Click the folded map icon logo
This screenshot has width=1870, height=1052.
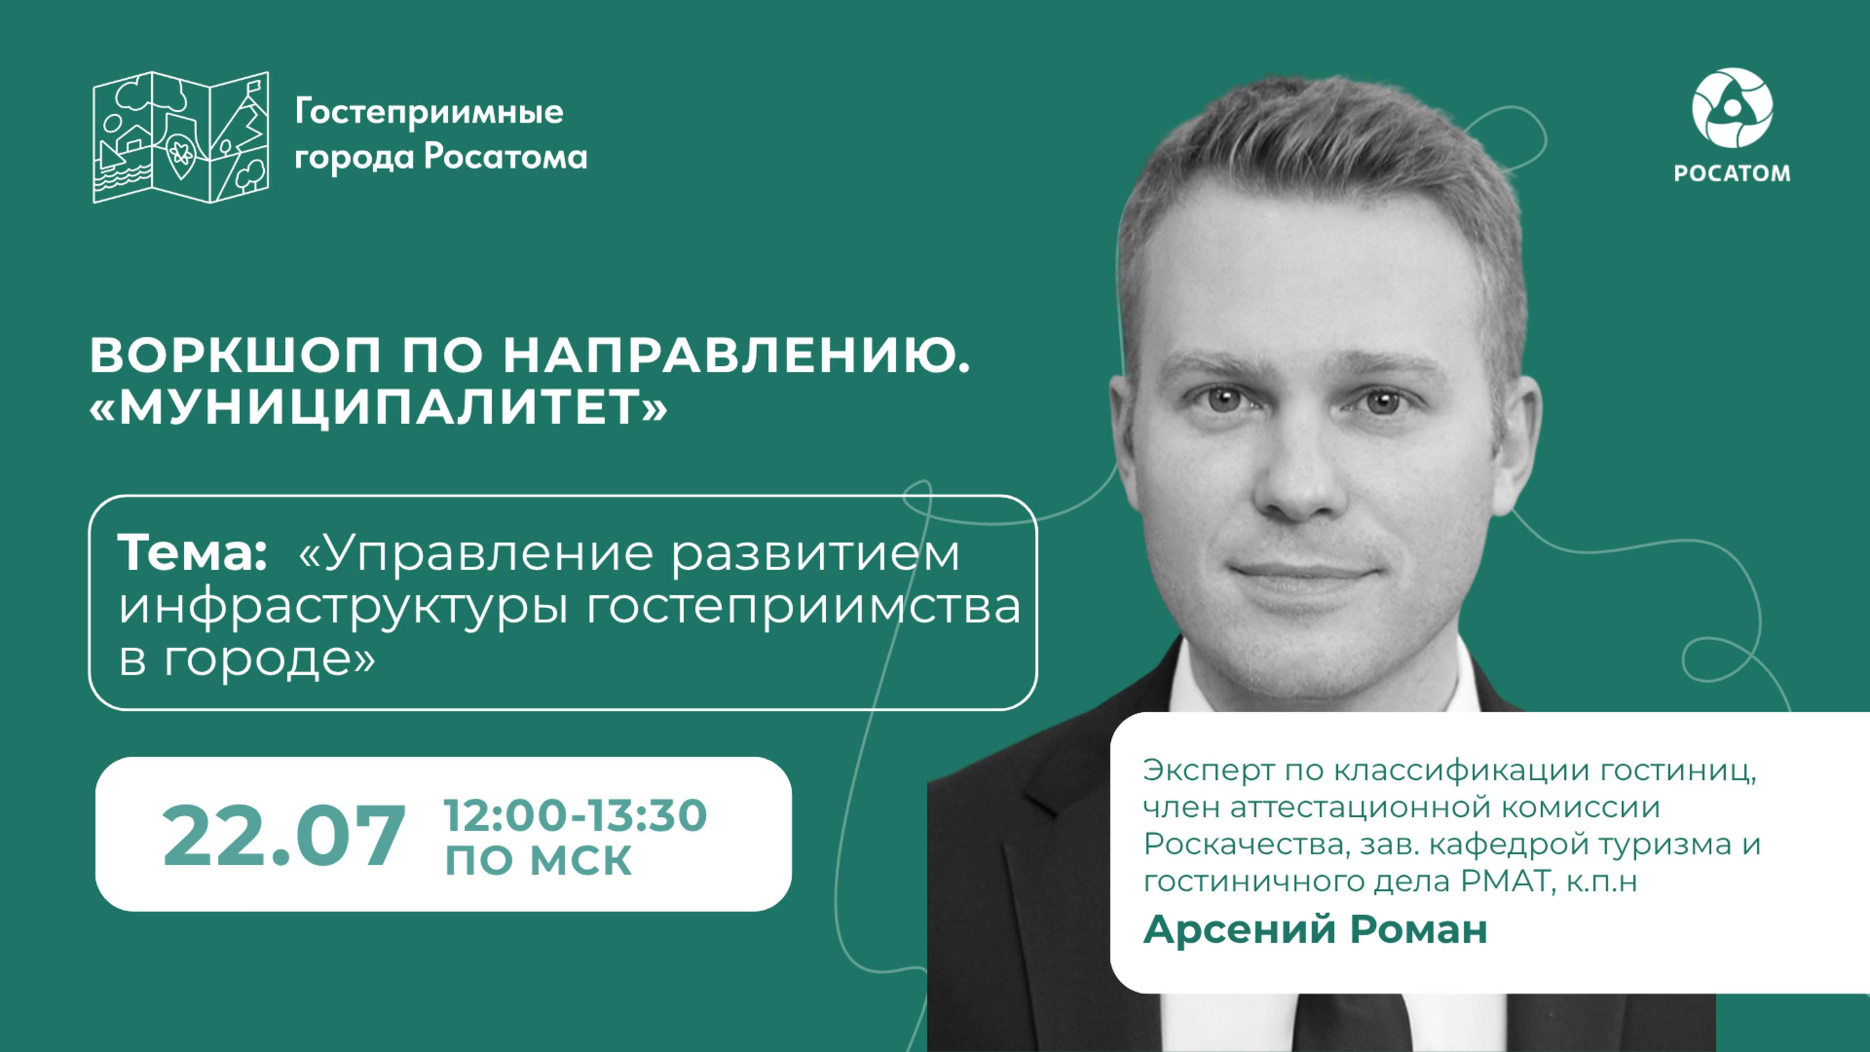[181, 137]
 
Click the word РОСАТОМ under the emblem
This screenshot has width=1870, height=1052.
[1732, 173]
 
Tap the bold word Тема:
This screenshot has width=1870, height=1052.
[192, 552]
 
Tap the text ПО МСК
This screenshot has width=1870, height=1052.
[538, 860]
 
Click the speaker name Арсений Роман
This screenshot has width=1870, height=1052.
[1315, 929]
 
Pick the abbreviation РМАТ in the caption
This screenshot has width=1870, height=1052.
[1505, 882]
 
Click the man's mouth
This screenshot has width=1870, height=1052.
[1303, 574]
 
